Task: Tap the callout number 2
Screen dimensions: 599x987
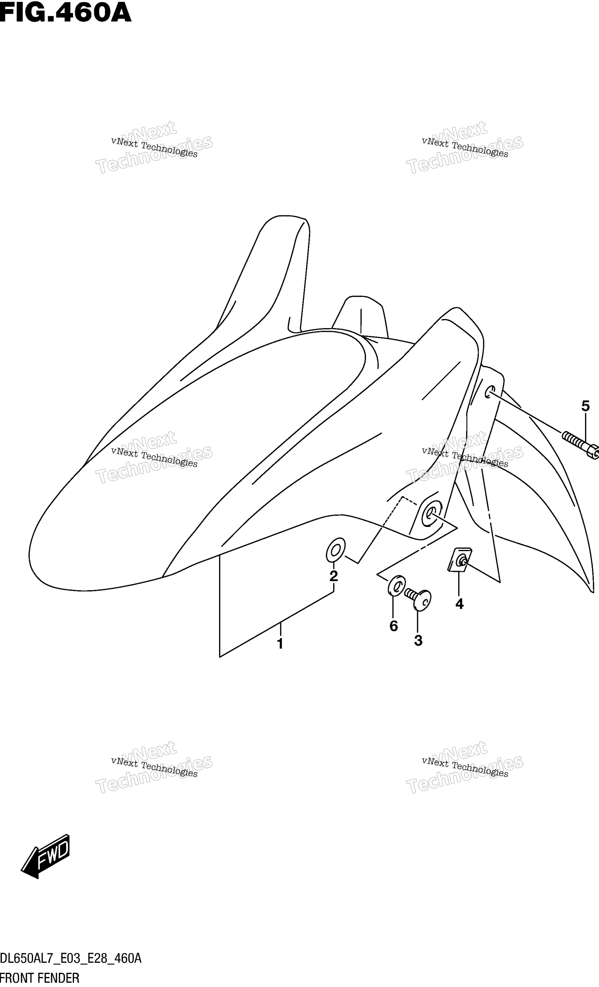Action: pos(334,576)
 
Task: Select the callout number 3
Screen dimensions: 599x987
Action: pos(418,641)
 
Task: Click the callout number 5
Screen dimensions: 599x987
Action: pos(585,406)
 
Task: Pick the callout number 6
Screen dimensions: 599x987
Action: pos(394,626)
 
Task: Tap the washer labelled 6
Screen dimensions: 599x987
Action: pos(396,586)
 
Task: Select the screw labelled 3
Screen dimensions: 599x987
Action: pos(418,599)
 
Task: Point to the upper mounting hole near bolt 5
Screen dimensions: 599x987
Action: pos(490,392)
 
